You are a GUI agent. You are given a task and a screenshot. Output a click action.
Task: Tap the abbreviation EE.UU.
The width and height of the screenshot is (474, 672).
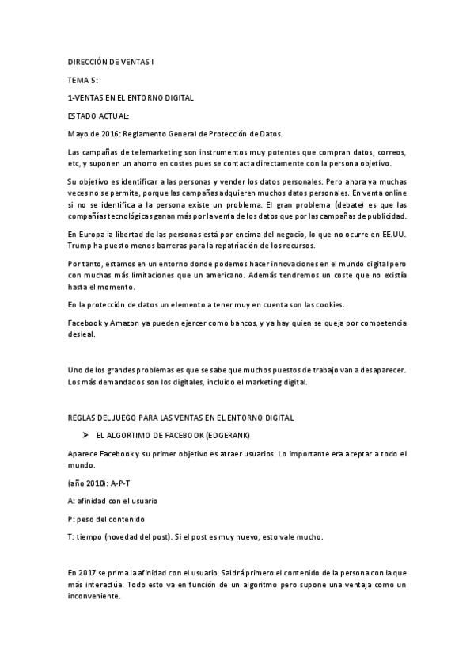(390, 234)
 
